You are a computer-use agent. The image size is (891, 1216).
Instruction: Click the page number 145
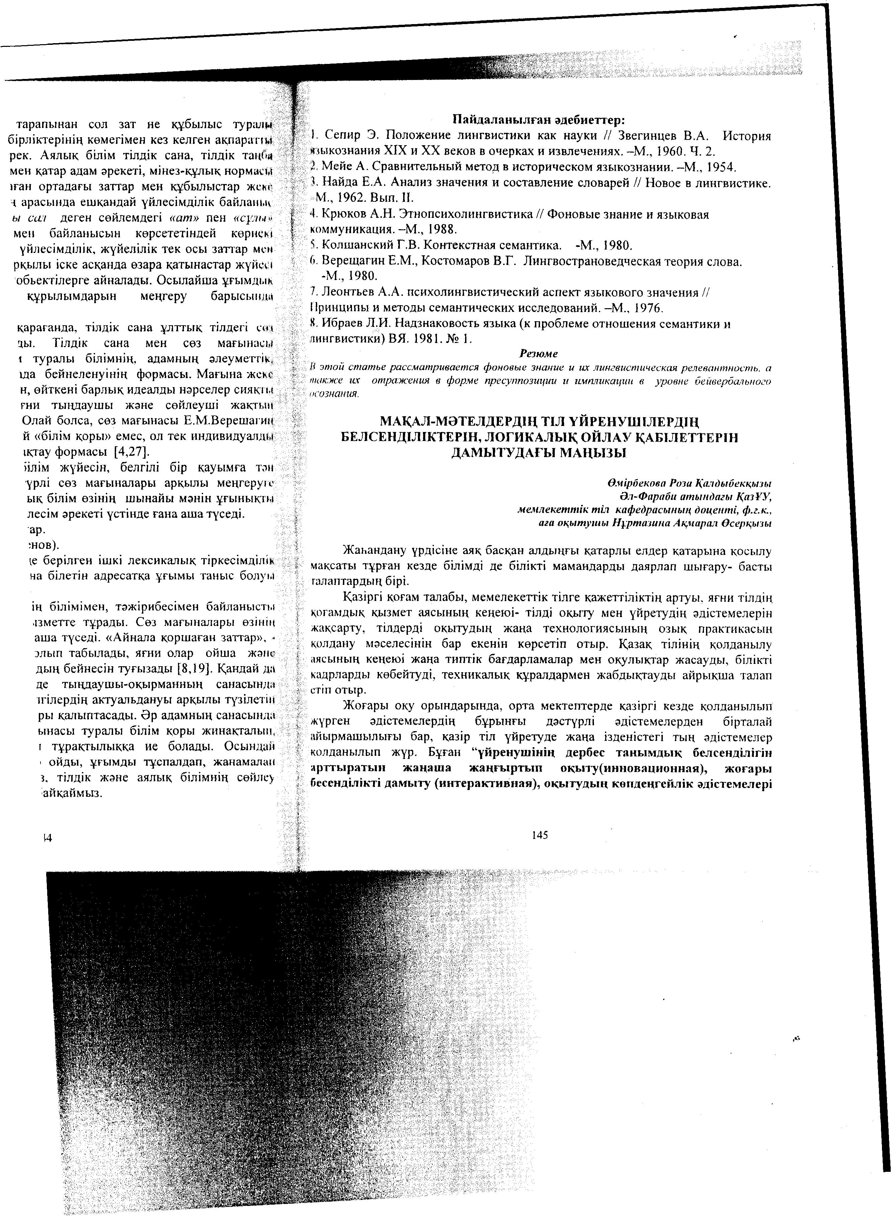coord(539,835)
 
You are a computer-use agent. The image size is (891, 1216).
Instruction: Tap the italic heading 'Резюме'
coord(538,354)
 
